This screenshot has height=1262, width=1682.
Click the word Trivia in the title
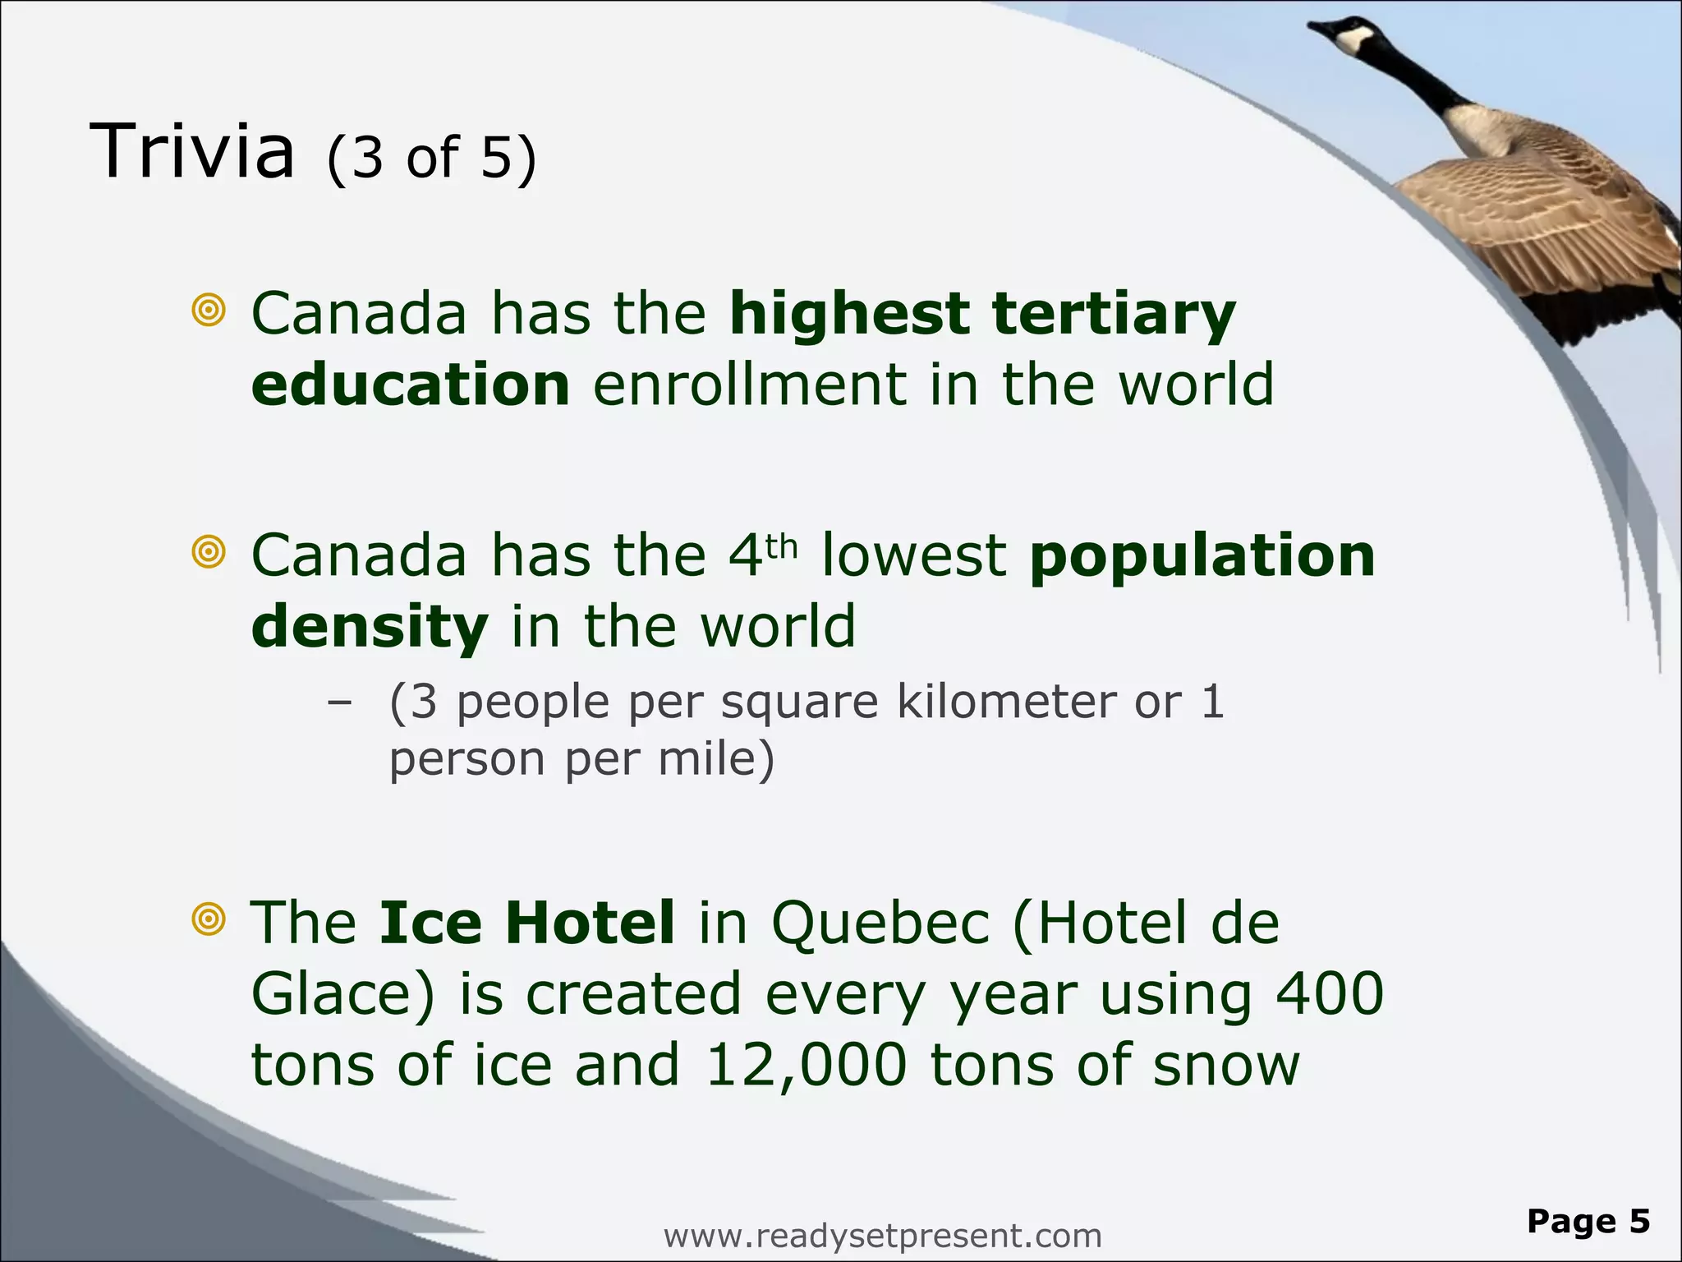tap(192, 151)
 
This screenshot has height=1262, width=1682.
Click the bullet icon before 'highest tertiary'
tap(209, 311)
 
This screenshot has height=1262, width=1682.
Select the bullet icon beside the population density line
tap(209, 551)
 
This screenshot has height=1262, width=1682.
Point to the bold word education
tap(411, 385)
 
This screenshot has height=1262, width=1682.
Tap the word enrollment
tap(750, 385)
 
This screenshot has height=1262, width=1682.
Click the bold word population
tap(1202, 557)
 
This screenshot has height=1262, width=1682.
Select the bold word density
tap(370, 627)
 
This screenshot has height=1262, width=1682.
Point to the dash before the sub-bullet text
tap(338, 703)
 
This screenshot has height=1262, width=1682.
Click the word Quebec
tap(880, 923)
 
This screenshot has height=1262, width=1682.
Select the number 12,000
tap(806, 1066)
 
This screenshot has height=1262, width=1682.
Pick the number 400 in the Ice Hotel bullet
tap(1330, 993)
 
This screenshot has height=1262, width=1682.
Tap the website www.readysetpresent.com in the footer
tap(882, 1236)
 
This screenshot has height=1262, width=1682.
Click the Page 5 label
tap(1588, 1222)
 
